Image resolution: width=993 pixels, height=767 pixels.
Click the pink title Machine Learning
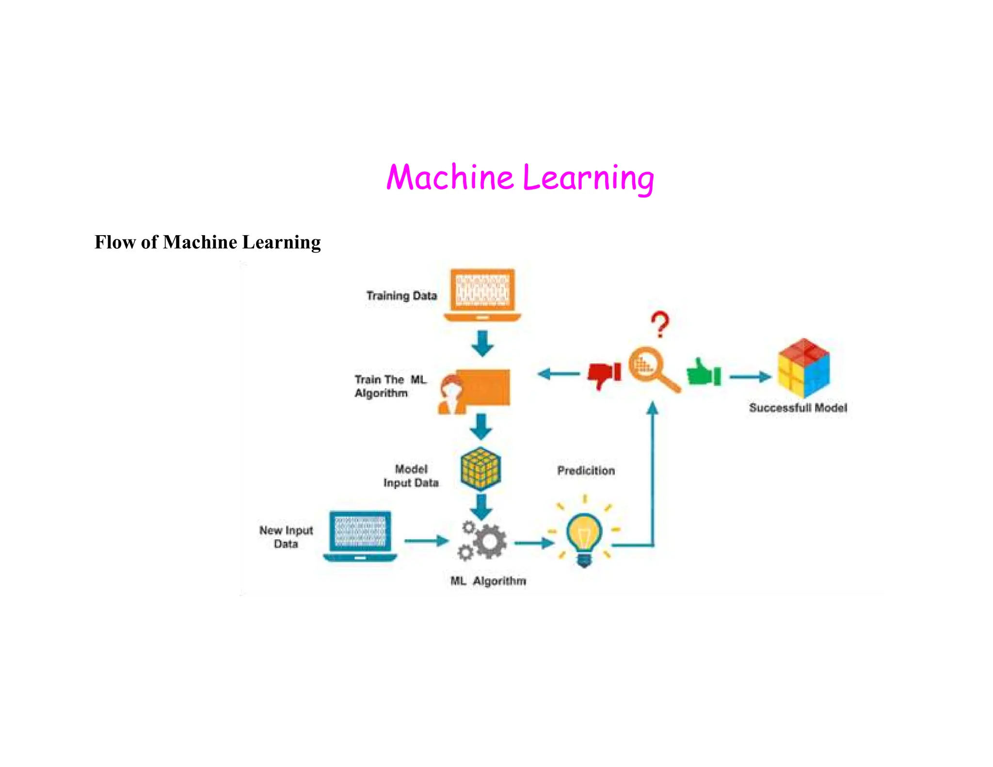520,177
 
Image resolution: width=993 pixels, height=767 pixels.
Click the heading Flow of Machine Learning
208,242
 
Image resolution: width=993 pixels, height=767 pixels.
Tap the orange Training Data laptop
482,294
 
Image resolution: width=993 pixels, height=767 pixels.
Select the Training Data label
401,295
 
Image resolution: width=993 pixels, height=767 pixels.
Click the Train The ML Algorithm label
390,386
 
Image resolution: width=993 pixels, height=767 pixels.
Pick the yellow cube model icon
480,469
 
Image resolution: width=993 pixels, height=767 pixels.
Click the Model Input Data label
411,476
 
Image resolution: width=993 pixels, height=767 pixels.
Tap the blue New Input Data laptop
360,536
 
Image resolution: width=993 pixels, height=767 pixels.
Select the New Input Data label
286,537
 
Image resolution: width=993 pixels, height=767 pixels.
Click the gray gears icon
483,541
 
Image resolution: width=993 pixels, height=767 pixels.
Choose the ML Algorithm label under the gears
488,581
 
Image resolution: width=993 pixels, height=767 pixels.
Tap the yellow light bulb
584,536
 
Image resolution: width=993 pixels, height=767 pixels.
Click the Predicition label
586,470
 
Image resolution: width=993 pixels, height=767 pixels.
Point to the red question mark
660,324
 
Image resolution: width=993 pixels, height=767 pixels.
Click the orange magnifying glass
652,368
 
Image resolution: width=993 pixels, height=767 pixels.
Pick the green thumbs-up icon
704,373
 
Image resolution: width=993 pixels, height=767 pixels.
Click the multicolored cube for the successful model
803,368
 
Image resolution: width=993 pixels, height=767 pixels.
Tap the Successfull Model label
798,408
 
